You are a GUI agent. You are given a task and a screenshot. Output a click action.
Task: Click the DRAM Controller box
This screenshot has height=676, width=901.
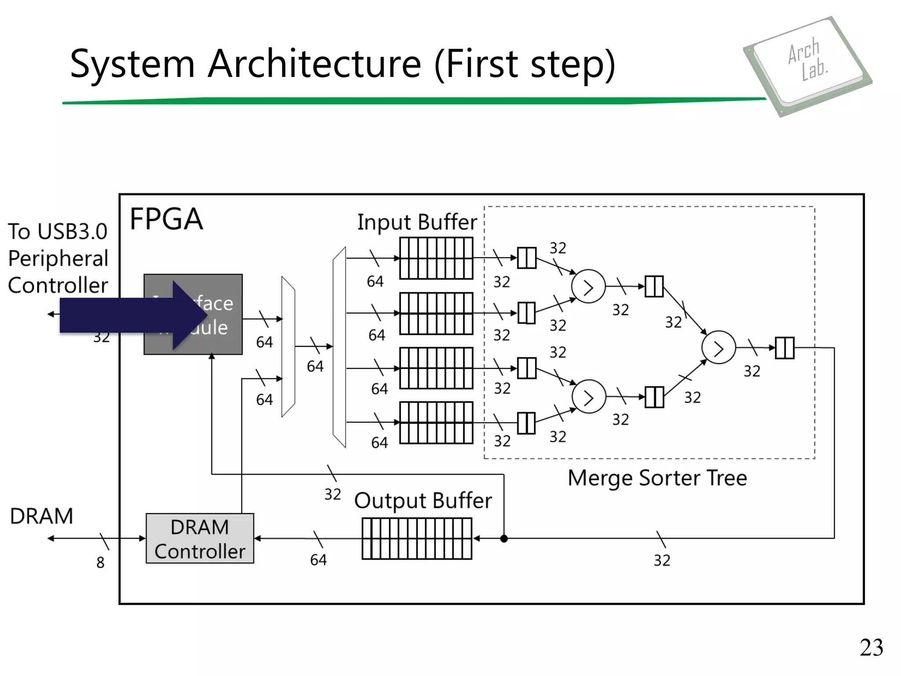[200, 538]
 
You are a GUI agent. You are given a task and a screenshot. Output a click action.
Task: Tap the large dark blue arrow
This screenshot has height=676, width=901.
[132, 315]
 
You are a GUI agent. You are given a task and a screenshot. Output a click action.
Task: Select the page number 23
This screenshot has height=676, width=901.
[871, 648]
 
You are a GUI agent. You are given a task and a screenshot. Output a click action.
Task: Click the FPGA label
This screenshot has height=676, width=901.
[166, 219]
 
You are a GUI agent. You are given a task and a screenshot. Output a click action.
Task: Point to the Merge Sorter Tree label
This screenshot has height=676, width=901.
[657, 478]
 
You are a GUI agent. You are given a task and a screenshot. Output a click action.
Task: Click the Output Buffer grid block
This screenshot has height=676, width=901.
[417, 538]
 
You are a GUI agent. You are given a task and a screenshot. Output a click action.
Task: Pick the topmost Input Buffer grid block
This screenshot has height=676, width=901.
[436, 258]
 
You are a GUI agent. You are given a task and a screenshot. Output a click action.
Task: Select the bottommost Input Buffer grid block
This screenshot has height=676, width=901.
[436, 422]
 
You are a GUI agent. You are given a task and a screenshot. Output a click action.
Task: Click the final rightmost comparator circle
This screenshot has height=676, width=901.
[718, 348]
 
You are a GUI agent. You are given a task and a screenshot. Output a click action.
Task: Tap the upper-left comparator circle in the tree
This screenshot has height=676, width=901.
[588, 287]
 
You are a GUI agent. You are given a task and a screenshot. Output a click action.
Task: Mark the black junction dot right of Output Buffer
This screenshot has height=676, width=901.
[504, 538]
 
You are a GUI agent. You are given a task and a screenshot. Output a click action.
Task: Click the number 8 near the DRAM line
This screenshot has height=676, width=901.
[100, 562]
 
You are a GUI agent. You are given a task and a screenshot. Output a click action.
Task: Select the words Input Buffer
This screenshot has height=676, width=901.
[417, 222]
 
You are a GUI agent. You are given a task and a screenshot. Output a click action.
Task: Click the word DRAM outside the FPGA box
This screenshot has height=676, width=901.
[41, 516]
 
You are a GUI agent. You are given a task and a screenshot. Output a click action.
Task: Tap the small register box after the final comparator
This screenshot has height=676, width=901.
[784, 348]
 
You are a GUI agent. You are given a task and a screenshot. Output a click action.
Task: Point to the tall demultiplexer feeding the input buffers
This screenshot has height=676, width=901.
[339, 347]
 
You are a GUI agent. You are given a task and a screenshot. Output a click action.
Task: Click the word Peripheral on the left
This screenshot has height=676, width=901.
[58, 258]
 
